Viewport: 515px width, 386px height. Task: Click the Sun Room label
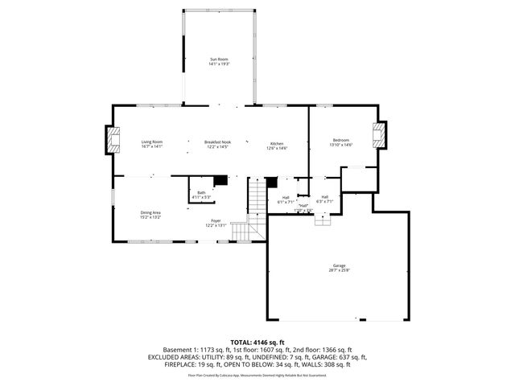220,59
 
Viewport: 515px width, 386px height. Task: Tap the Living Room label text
152,142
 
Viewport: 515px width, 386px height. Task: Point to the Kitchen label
277,142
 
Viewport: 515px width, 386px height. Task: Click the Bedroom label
340,140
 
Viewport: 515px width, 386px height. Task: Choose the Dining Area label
150,212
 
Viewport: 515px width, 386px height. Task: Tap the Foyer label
216,220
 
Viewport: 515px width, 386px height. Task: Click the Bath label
201,191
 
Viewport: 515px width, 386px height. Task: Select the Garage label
339,265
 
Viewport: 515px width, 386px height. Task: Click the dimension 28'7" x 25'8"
339,270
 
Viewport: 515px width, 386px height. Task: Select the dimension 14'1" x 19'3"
220,64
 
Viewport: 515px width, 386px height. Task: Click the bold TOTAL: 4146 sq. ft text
257,342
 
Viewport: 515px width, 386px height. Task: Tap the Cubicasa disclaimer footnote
257,375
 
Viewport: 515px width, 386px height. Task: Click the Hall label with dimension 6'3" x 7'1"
325,199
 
